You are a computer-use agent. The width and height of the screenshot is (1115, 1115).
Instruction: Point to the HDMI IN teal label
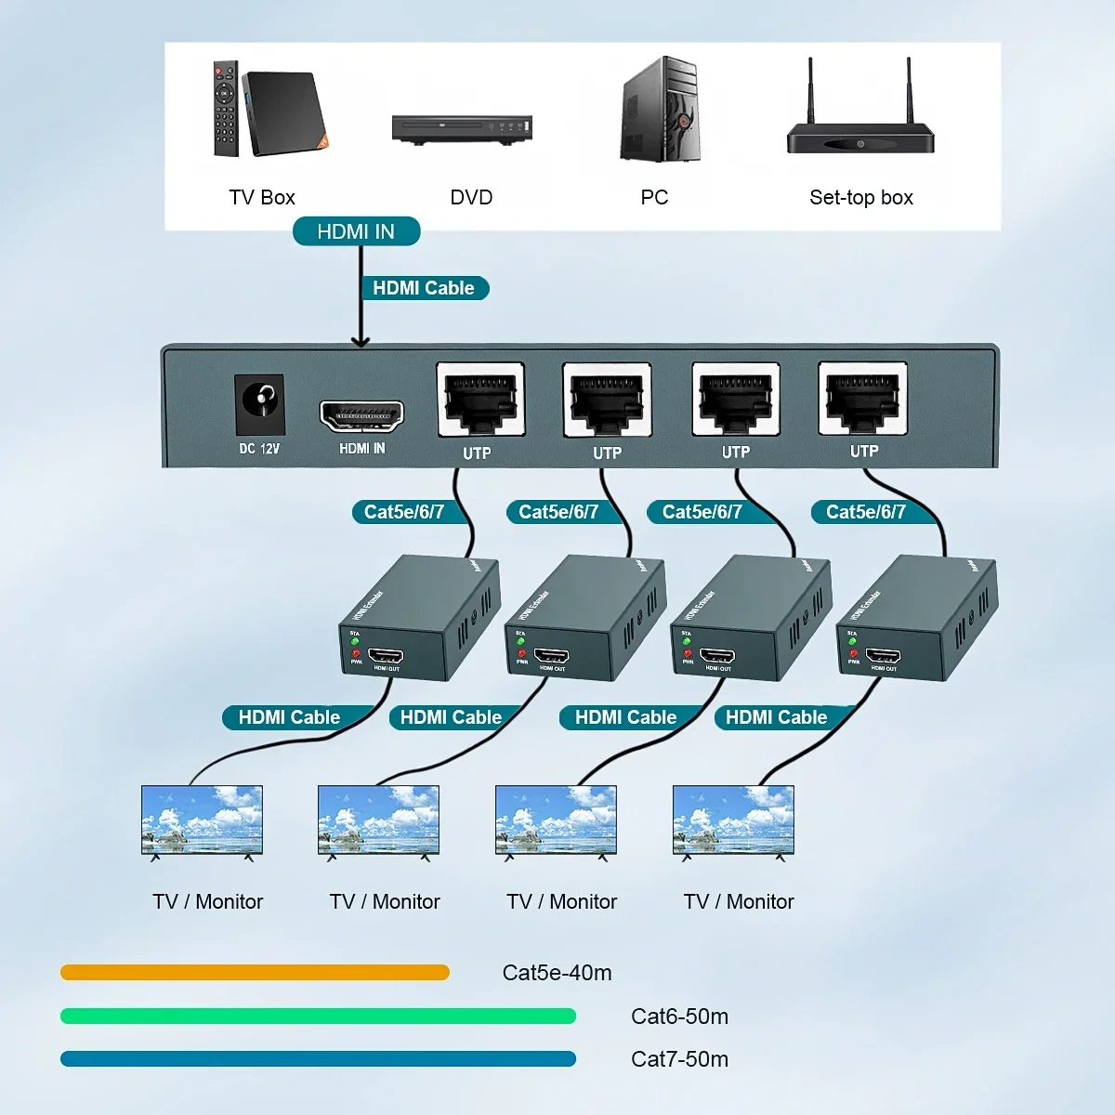coord(356,231)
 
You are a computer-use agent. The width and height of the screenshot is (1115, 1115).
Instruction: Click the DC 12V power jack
coord(259,401)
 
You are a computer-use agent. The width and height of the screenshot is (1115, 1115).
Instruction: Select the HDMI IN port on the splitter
coord(361,415)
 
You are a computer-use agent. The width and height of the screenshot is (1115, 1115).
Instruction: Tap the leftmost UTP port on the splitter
coord(480,399)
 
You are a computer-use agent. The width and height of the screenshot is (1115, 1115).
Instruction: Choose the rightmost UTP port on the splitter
coord(862,398)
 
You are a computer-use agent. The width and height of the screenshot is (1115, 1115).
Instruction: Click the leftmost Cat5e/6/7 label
coord(403,512)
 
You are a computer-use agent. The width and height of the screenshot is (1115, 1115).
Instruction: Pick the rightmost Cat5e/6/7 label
coord(865,512)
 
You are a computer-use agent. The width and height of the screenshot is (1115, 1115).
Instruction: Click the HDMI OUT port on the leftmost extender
coord(386,656)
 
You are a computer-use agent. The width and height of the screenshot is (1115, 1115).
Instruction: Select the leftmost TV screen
coord(202,820)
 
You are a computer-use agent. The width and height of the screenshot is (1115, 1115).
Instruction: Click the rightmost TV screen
coord(733,820)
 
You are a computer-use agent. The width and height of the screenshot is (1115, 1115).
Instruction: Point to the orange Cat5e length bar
coord(255,973)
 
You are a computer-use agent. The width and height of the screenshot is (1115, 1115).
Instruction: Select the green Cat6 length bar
coord(318,1017)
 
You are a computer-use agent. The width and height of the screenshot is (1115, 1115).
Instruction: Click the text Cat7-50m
coord(679,1059)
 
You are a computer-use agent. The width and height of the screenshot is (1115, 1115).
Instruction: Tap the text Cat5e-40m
coord(557,973)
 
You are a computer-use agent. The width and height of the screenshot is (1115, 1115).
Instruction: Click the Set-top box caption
coord(860,197)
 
